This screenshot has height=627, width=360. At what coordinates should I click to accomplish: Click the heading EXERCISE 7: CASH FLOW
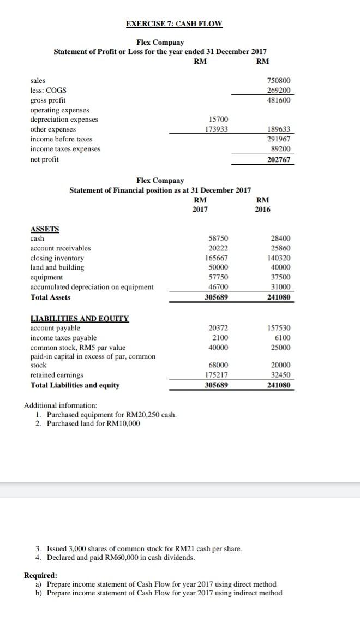pos(174,24)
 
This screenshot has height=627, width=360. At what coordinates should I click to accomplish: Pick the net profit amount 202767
pos(280,159)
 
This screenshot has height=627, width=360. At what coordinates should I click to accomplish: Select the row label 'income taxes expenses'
pos(65,149)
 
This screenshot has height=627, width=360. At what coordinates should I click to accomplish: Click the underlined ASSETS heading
pos(45,229)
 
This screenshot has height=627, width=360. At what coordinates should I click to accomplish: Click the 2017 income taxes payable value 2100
pos(220,338)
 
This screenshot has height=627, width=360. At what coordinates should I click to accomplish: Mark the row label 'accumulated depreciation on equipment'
pos(92,287)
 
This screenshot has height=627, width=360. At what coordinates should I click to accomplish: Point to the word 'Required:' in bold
pos(40,575)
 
